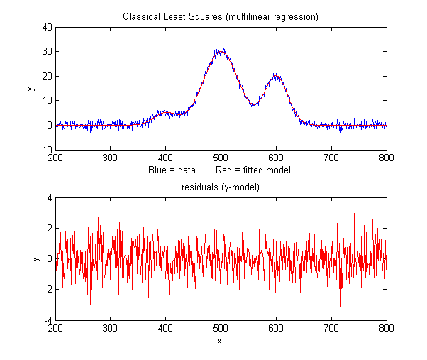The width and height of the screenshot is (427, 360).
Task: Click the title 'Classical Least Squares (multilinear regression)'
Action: (221, 16)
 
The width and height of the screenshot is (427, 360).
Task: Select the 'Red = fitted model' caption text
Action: (253, 170)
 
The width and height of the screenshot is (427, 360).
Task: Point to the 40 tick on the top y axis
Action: (48, 27)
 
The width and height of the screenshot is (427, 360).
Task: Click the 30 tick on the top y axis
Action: (48, 52)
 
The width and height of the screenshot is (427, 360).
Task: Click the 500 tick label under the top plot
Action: (221, 158)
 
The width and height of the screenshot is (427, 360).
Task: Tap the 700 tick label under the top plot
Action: (331, 158)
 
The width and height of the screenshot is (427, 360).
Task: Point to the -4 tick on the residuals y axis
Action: (48, 321)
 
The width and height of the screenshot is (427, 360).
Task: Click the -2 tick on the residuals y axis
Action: (48, 290)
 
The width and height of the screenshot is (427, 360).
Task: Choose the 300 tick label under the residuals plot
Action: (110, 329)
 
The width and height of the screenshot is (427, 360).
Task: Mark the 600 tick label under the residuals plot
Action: (276, 329)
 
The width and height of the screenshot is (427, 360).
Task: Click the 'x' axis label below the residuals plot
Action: (221, 341)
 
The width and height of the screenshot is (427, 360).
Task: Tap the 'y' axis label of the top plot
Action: (30, 88)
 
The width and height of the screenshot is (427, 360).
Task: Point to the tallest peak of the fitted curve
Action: (221, 51)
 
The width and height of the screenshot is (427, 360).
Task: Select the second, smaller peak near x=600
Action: (276, 75)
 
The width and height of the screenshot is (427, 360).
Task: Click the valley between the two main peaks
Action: (253, 104)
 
